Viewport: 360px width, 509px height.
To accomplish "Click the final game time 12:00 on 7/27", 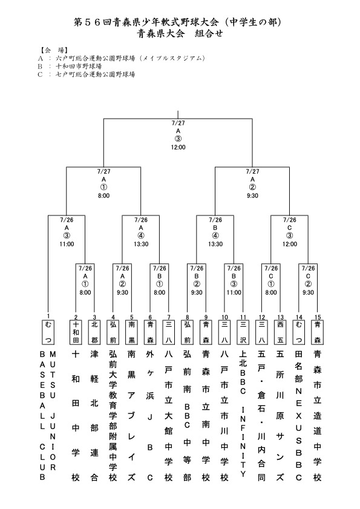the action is point(178,147).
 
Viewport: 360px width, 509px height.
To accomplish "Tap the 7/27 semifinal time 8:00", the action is point(104,195).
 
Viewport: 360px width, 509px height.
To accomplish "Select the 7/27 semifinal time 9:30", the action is point(252,195).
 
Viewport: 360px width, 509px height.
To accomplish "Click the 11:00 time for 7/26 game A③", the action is point(67,244).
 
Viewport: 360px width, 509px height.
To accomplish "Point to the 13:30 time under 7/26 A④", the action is point(141,244).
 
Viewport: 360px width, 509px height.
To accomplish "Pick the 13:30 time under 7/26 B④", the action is point(215,244).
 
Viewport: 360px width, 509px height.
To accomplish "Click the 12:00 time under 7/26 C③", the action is point(290,244).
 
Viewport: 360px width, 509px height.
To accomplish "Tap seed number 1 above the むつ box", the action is point(48,316).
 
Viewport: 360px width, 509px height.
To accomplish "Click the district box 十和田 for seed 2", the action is point(76,332).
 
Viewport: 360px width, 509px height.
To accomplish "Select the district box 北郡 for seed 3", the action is point(94,332).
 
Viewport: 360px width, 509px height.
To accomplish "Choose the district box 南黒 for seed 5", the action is point(131,332).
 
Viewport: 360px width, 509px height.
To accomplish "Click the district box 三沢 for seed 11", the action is point(243,332).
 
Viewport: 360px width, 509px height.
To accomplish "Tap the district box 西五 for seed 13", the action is point(281,332).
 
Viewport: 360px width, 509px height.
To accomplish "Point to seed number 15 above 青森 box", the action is point(318,317).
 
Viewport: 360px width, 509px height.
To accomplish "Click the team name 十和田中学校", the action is point(76,416).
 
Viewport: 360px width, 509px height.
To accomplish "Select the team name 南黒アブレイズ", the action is point(131,416).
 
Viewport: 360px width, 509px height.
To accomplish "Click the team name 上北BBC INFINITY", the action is point(243,414).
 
